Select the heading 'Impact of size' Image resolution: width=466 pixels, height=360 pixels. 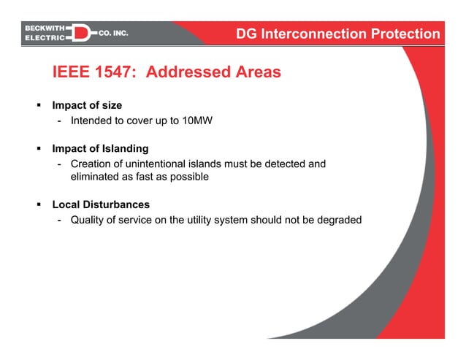coord(91,106)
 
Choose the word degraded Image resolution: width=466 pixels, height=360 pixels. coord(338,220)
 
